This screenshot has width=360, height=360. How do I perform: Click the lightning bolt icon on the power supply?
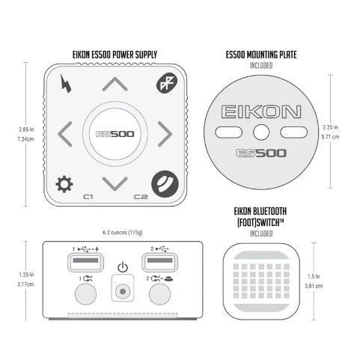tap(66, 84)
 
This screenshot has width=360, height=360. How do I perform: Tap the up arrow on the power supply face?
tap(115, 84)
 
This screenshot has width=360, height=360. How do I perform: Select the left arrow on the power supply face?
tap(64, 134)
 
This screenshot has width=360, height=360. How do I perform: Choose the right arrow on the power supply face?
tap(165, 134)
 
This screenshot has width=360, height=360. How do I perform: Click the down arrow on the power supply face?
tap(115, 184)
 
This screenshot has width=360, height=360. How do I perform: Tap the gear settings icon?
tap(64, 184)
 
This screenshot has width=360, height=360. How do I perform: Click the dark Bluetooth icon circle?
tap(167, 83)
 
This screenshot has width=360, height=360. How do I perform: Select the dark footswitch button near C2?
tap(165, 184)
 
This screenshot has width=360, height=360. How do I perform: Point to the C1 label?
tap(88, 197)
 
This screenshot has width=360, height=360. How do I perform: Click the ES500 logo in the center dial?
tap(115, 134)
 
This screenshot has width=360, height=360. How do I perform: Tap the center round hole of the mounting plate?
tap(261, 132)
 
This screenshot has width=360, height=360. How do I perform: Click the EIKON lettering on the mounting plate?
tap(261, 112)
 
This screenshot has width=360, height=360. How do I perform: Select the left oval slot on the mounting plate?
tap(228, 132)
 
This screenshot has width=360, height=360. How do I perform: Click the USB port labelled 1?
tap(85, 262)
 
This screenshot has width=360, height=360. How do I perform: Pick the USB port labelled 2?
tap(159, 262)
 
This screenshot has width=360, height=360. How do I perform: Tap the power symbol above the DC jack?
tap(123, 267)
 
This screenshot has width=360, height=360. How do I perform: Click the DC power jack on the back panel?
tap(123, 291)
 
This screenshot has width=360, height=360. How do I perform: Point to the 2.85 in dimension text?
tap(26, 129)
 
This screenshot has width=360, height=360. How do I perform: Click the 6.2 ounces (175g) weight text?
tap(123, 233)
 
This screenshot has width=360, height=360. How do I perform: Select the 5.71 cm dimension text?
tap(330, 137)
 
